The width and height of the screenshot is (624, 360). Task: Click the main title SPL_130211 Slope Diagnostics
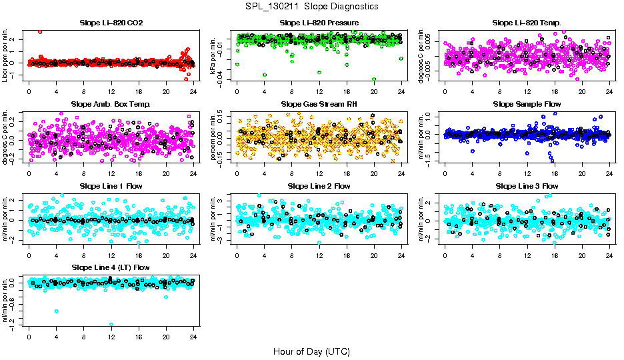coord(311,6)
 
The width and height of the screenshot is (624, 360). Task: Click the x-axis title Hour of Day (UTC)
coord(311,351)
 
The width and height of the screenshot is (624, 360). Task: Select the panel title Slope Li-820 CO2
coord(111,23)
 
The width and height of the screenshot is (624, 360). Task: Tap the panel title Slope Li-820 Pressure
coord(319,23)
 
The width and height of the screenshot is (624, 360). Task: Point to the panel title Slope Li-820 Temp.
coord(527,23)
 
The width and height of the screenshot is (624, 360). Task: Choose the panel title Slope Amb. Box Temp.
coord(111,105)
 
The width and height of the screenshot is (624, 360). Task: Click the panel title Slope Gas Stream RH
coord(319,105)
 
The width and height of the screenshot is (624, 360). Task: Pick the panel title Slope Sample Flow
coord(527,105)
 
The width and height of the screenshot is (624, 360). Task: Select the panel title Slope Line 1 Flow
coord(111,186)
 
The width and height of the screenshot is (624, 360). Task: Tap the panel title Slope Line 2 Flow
coord(319,186)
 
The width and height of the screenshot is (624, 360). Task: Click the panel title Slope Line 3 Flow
coord(527,186)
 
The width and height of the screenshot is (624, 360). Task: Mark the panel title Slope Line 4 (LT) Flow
coord(111,267)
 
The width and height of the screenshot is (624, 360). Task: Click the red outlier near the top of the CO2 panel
coord(40,31)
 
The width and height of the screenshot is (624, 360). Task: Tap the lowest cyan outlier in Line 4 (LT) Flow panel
coord(111,325)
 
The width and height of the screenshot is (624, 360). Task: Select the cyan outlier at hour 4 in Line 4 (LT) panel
coord(57,311)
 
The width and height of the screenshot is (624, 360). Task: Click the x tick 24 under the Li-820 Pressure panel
coord(401,90)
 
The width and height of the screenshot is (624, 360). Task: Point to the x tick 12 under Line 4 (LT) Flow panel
coord(111,337)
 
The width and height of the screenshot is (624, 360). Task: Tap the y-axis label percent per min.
coord(215,136)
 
